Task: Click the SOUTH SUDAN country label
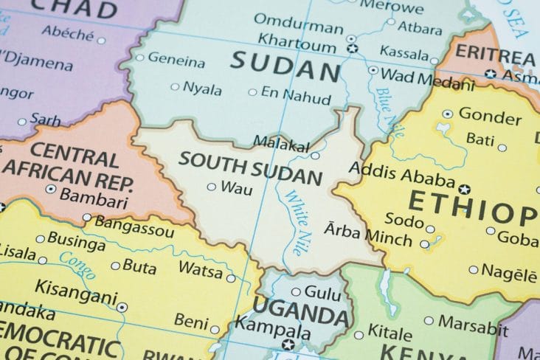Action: (251, 169)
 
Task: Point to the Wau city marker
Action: (212, 187)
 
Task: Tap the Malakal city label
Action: (281, 142)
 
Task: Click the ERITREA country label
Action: (494, 55)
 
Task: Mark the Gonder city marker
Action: (448, 114)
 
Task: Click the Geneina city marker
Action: (139, 57)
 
